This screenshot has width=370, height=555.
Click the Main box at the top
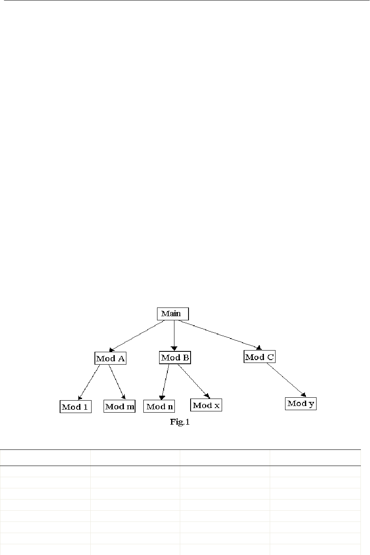[173, 314]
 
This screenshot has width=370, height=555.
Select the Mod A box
[110, 358]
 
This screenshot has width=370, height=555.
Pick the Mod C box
[259, 357]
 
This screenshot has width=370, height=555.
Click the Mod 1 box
[75, 407]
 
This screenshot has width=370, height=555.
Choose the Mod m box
[119, 406]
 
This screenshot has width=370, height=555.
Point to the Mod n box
[159, 406]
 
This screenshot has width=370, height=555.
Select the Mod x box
[206, 405]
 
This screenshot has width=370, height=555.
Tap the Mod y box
[301, 404]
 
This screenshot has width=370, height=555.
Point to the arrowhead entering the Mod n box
[162, 398]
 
